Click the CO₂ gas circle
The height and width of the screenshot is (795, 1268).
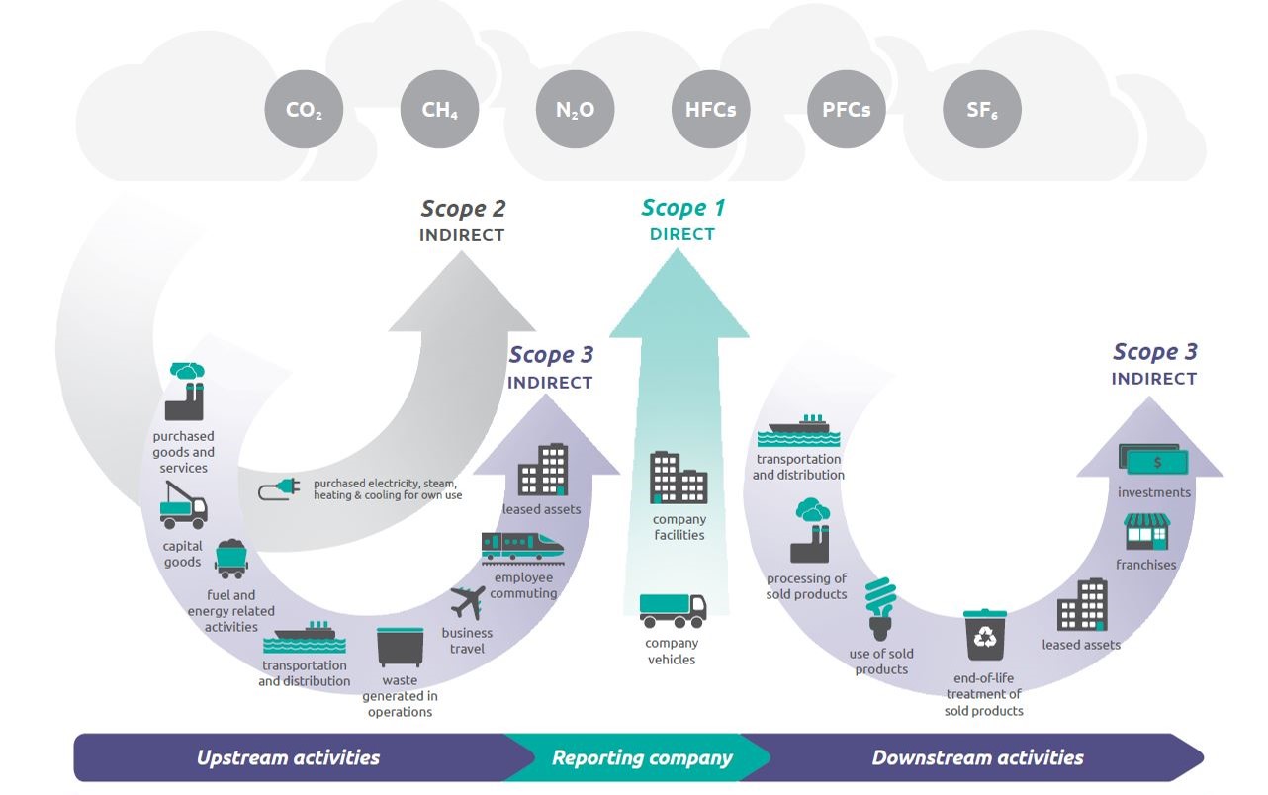pos(304,110)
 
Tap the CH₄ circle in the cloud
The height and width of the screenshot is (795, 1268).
pos(439,110)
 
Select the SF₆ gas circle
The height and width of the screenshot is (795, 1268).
pos(981,110)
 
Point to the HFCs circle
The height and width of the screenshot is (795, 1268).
pos(710,110)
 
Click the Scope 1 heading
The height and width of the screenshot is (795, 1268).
pos(682,208)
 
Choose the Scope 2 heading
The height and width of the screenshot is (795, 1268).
pos(463,209)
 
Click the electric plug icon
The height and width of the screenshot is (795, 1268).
pos(280,488)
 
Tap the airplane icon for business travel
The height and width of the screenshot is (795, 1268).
pos(467,602)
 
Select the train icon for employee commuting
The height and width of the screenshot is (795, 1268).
pos(522,547)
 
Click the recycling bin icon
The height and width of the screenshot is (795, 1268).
pos(985,636)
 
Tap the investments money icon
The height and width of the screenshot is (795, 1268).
pos(1153,460)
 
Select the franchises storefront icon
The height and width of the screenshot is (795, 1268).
pos(1146,532)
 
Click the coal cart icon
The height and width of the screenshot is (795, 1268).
pos(230,558)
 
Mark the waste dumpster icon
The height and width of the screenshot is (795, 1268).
pos(400,648)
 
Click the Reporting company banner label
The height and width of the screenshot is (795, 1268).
pos(641,758)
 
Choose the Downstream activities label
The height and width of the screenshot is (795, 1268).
pos(977,758)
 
